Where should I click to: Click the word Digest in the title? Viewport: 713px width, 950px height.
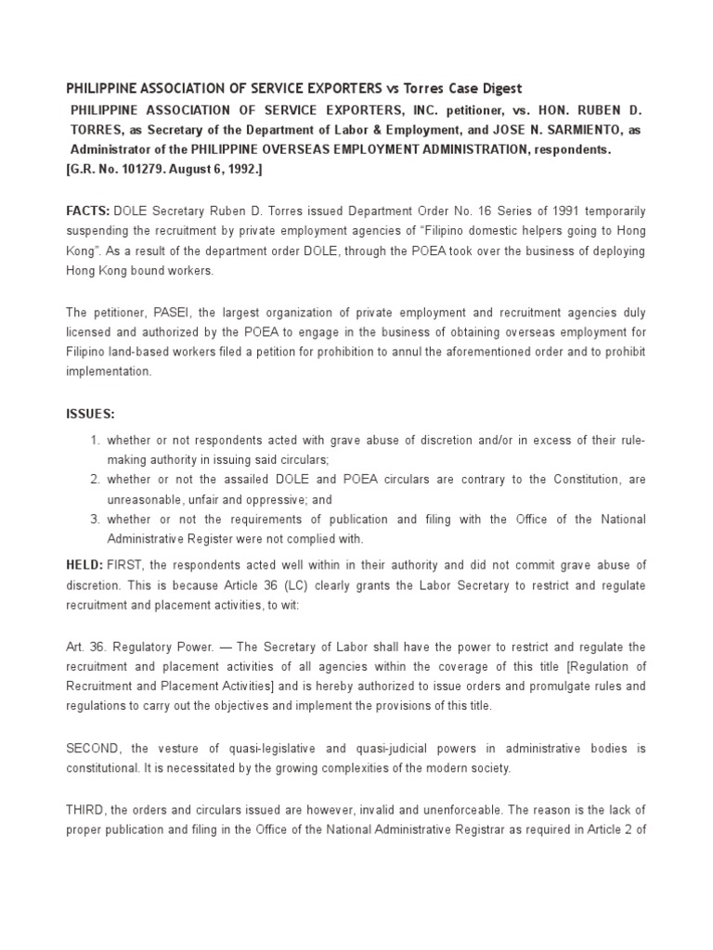click(x=499, y=88)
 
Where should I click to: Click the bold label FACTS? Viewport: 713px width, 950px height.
click(x=87, y=212)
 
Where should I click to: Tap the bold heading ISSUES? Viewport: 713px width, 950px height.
click(x=90, y=413)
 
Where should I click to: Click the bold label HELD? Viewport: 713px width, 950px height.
click(x=86, y=565)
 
